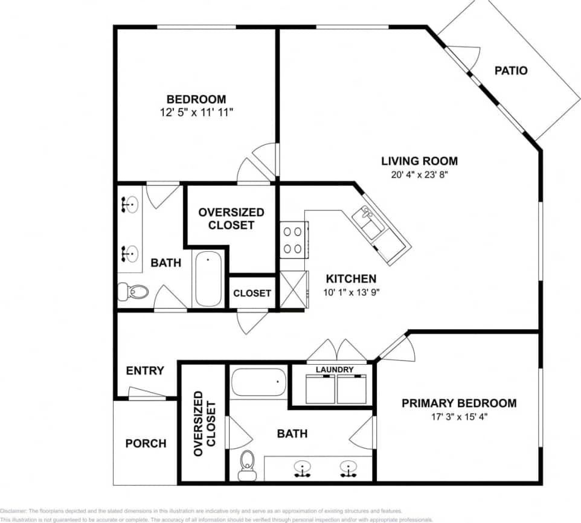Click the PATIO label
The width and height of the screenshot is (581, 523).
(510, 71)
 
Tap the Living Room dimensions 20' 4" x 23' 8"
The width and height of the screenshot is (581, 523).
(419, 175)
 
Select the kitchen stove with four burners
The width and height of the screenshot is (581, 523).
(294, 239)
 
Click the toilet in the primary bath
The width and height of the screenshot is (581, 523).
(247, 464)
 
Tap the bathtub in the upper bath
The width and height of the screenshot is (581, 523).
(207, 279)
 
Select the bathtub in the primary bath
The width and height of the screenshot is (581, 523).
(258, 382)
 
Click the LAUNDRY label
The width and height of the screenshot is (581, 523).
(335, 369)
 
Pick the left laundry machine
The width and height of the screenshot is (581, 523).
(320, 389)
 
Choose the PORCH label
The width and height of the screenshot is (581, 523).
(146, 443)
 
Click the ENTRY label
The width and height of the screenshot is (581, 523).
(144, 371)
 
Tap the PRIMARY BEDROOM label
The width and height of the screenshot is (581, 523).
(459, 403)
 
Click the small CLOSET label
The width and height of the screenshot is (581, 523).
(252, 293)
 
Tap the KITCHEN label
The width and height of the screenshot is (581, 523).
(351, 278)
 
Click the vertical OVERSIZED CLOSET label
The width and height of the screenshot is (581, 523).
(204, 423)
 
